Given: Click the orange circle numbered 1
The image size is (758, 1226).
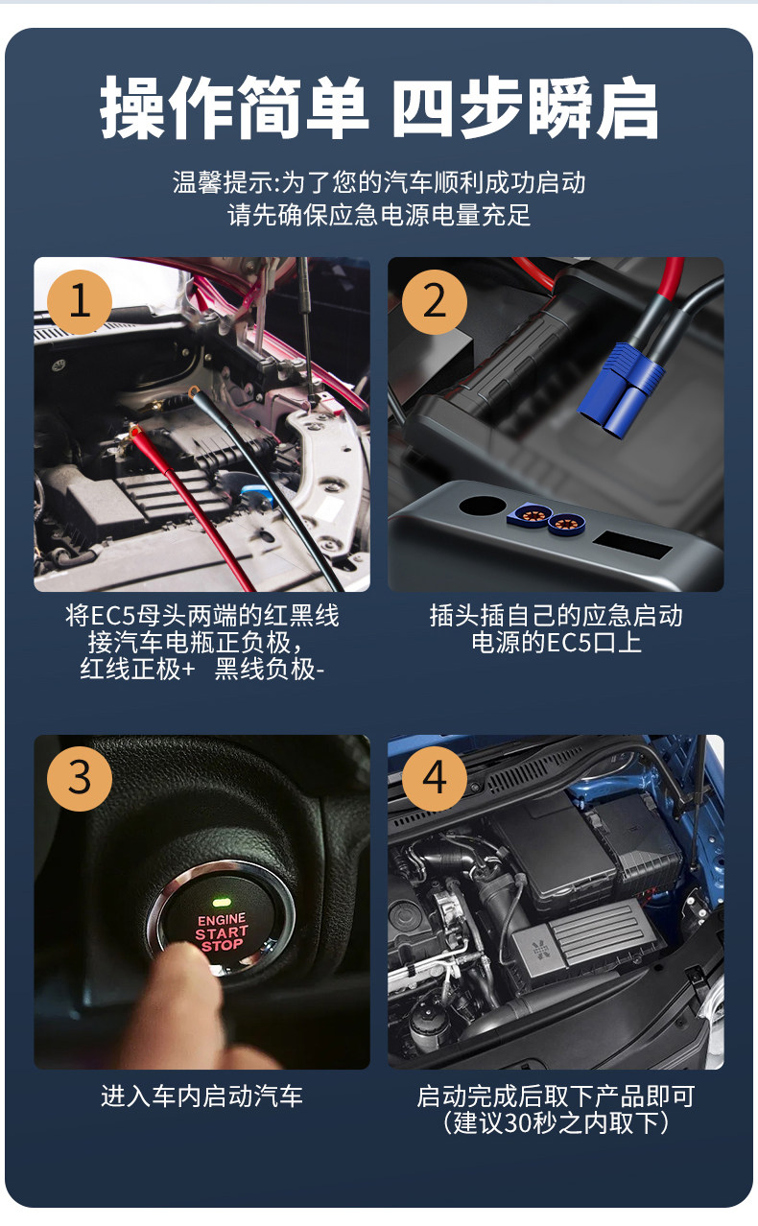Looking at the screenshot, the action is (x=80, y=301).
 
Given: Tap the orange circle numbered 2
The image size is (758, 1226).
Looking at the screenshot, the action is (x=434, y=301).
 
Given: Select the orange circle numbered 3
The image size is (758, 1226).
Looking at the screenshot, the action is (x=80, y=778).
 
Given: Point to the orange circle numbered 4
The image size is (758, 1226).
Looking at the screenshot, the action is (x=434, y=778).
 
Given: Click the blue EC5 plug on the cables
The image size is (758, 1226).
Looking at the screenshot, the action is (x=621, y=389).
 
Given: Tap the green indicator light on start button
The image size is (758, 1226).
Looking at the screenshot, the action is (x=222, y=902).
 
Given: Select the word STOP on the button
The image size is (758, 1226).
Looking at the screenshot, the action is (x=222, y=946).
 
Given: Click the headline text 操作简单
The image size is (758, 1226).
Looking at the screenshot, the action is (x=234, y=107).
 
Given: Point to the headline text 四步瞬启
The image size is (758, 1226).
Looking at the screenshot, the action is (x=526, y=107).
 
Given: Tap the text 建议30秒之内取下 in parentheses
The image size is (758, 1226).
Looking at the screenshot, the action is (x=556, y=1123).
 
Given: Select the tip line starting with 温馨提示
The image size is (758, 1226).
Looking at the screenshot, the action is (x=379, y=182).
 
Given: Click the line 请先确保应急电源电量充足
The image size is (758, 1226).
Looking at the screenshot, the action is (x=379, y=215).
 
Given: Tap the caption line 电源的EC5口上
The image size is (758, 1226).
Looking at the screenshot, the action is (x=557, y=642).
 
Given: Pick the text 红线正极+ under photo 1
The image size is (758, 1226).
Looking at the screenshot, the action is (x=137, y=669).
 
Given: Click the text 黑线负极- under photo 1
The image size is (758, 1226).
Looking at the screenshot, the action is (x=269, y=669).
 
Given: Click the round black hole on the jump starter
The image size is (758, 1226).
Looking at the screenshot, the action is (x=482, y=505).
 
